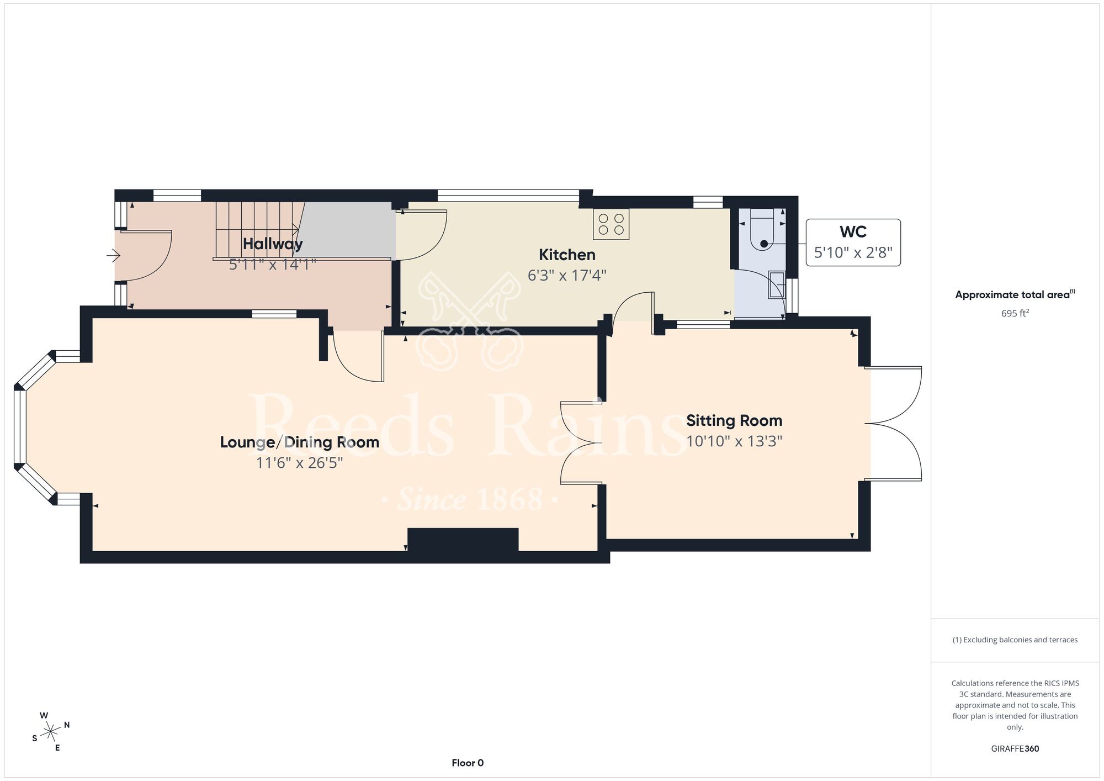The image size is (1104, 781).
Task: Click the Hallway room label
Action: click(273, 244)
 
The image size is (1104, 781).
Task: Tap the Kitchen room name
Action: click(567, 255)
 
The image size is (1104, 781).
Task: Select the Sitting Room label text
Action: click(734, 421)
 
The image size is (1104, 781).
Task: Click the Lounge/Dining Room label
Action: click(299, 442)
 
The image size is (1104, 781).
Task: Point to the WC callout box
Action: click(853, 242)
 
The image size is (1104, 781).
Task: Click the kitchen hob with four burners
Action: click(611, 224)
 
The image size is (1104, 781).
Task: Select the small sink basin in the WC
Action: click(777, 284)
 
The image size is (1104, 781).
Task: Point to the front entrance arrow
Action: click(113, 255)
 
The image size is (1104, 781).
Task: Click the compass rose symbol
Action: click(51, 732)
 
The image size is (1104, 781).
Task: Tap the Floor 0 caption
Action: click(468, 763)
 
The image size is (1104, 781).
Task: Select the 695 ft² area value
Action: click(1015, 313)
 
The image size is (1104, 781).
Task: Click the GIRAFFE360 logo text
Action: click(1015, 749)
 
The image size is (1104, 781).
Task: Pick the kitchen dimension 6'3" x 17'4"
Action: click(567, 275)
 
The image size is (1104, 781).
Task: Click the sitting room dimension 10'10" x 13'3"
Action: click(734, 441)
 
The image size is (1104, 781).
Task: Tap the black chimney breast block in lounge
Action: click(463, 540)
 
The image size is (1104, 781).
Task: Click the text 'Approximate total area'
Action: click(1012, 295)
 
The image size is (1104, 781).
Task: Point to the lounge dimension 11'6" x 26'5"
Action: click(299, 462)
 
